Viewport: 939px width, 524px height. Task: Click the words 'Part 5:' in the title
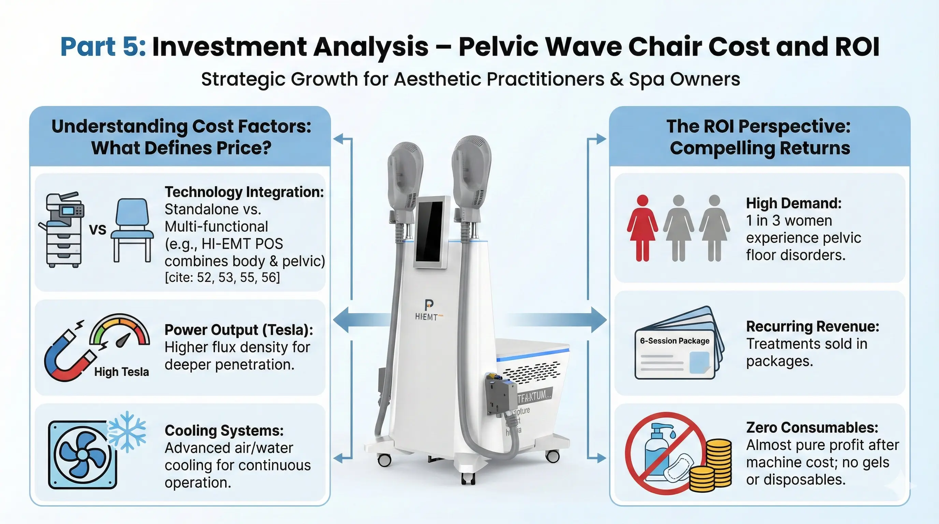click(103, 47)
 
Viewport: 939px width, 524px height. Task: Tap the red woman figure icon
click(642, 228)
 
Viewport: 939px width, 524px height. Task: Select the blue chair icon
click(132, 230)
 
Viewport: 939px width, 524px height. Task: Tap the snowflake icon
click(127, 431)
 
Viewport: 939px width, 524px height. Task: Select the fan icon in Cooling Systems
click(83, 455)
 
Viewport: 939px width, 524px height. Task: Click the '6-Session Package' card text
click(674, 341)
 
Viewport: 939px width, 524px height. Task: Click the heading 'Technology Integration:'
click(244, 192)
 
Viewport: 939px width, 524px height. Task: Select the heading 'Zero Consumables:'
click(812, 427)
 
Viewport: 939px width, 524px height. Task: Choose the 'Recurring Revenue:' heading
click(812, 326)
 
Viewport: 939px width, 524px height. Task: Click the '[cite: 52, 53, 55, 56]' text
click(222, 278)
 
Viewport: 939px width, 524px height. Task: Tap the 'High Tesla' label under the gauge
click(121, 372)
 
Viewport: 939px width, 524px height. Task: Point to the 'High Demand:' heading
click(794, 203)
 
